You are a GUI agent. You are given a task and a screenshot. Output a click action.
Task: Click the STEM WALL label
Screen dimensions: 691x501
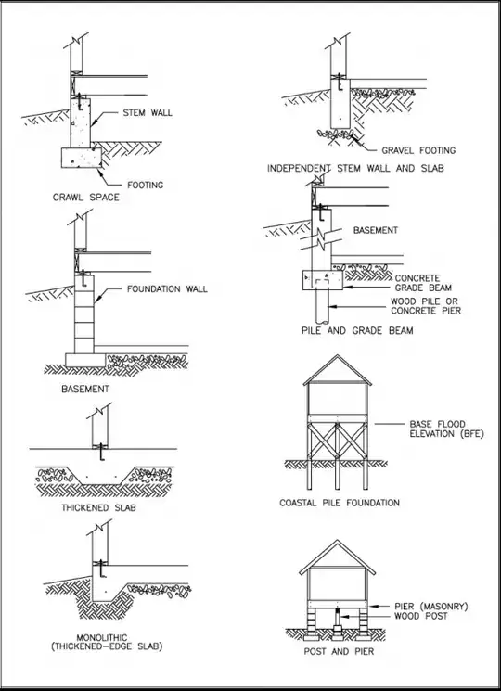148,114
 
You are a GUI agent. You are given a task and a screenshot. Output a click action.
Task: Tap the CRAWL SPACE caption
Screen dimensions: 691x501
85,198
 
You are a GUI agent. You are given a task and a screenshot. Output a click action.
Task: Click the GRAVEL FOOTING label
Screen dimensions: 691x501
418,150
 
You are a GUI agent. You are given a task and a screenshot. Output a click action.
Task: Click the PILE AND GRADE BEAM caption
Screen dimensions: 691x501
357,330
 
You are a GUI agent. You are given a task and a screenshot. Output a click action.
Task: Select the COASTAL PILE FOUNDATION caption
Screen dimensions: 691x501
340,503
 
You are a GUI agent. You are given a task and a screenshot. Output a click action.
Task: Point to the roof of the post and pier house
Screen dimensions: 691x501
340,552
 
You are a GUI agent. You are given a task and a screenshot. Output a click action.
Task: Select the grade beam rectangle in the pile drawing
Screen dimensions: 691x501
322,278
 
